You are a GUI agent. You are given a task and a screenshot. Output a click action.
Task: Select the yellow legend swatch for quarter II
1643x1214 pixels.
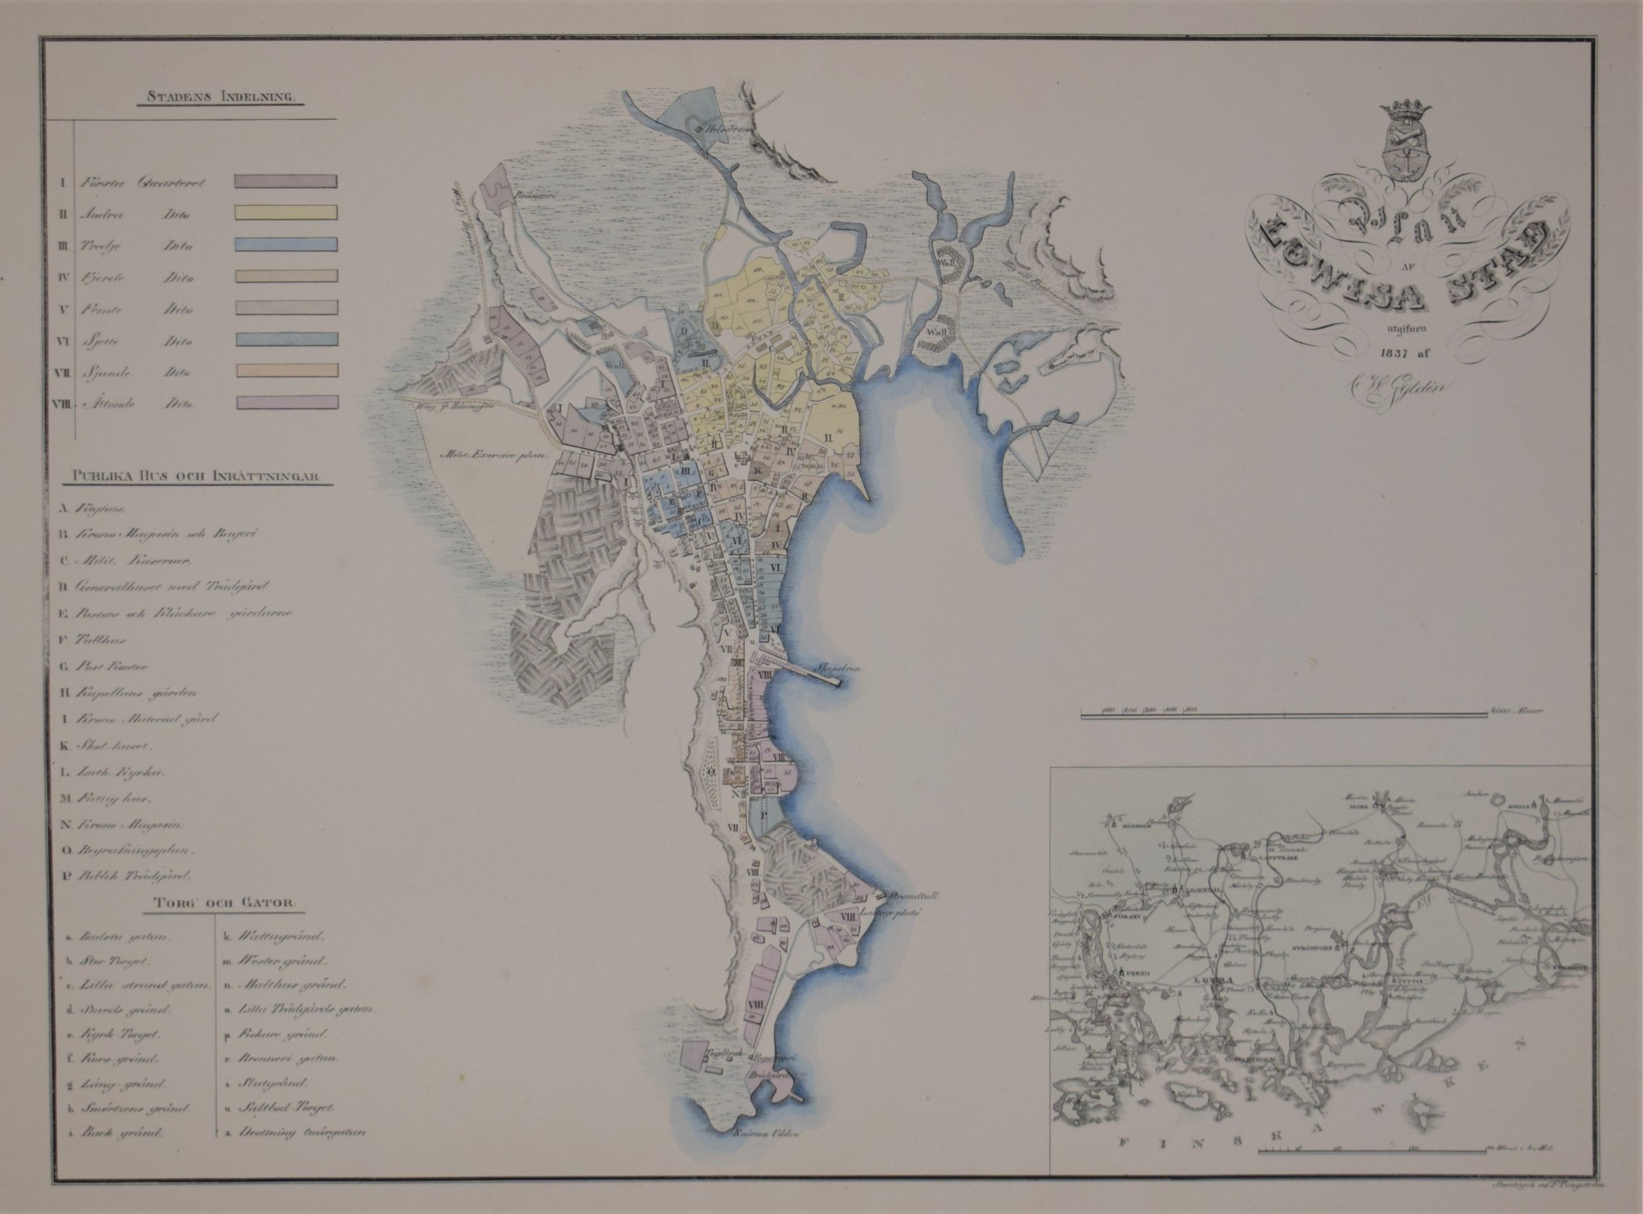coord(287,212)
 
